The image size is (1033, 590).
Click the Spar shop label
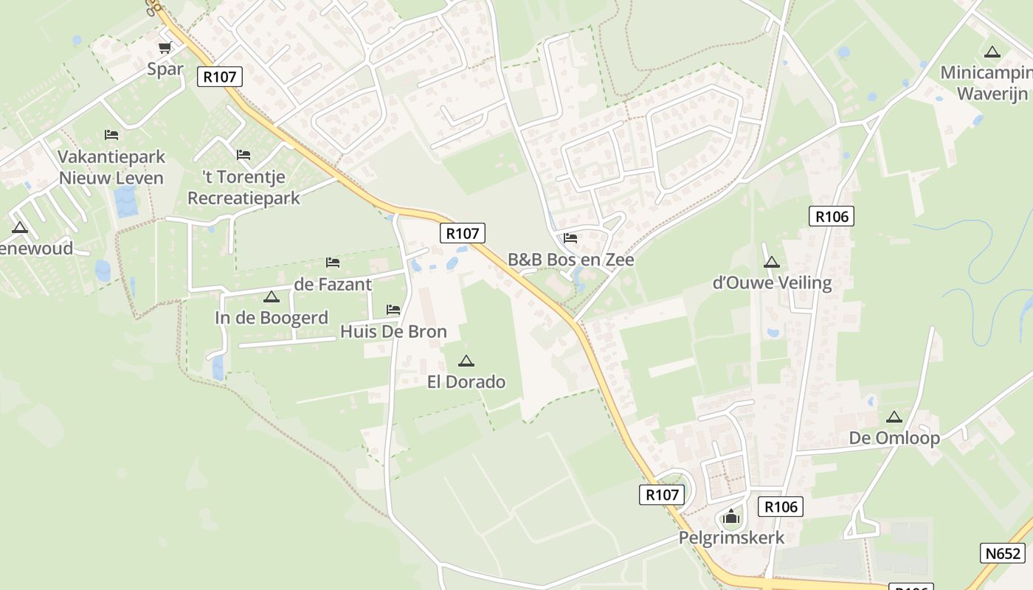pyautogui.click(x=165, y=69)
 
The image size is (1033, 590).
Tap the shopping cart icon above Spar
pyautogui.click(x=165, y=48)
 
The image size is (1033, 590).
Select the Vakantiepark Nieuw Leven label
pyautogui.click(x=111, y=167)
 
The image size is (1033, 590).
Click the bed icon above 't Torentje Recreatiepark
pyautogui.click(x=243, y=155)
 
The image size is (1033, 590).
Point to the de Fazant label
pyautogui.click(x=333, y=284)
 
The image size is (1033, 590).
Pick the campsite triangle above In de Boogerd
pyautogui.click(x=271, y=296)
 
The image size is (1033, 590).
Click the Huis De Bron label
pyautogui.click(x=393, y=332)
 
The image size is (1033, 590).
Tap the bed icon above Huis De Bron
pyautogui.click(x=393, y=310)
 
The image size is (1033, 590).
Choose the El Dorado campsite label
pyautogui.click(x=466, y=382)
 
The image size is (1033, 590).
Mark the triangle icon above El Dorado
pyautogui.click(x=466, y=361)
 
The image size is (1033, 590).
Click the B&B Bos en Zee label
pyautogui.click(x=570, y=260)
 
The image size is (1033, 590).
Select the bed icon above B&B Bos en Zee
pyautogui.click(x=570, y=238)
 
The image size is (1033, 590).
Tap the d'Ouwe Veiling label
pyautogui.click(x=772, y=282)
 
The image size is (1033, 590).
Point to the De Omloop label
pyautogui.click(x=894, y=438)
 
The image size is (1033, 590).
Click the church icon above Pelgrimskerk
pyautogui.click(x=731, y=516)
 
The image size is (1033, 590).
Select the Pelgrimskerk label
pyautogui.click(x=731, y=537)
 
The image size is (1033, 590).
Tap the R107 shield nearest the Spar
pyautogui.click(x=220, y=76)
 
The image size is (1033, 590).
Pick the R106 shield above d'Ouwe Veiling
pyautogui.click(x=832, y=216)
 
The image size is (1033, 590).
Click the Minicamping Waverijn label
pyautogui.click(x=989, y=83)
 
